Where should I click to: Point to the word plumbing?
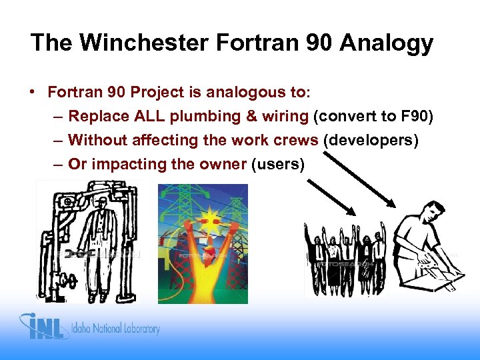click(205, 117)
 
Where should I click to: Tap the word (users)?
click(278, 164)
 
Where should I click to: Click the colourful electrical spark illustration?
click(203, 243)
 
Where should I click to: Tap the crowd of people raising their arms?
click(345, 257)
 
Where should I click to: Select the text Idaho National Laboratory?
click(117, 329)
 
